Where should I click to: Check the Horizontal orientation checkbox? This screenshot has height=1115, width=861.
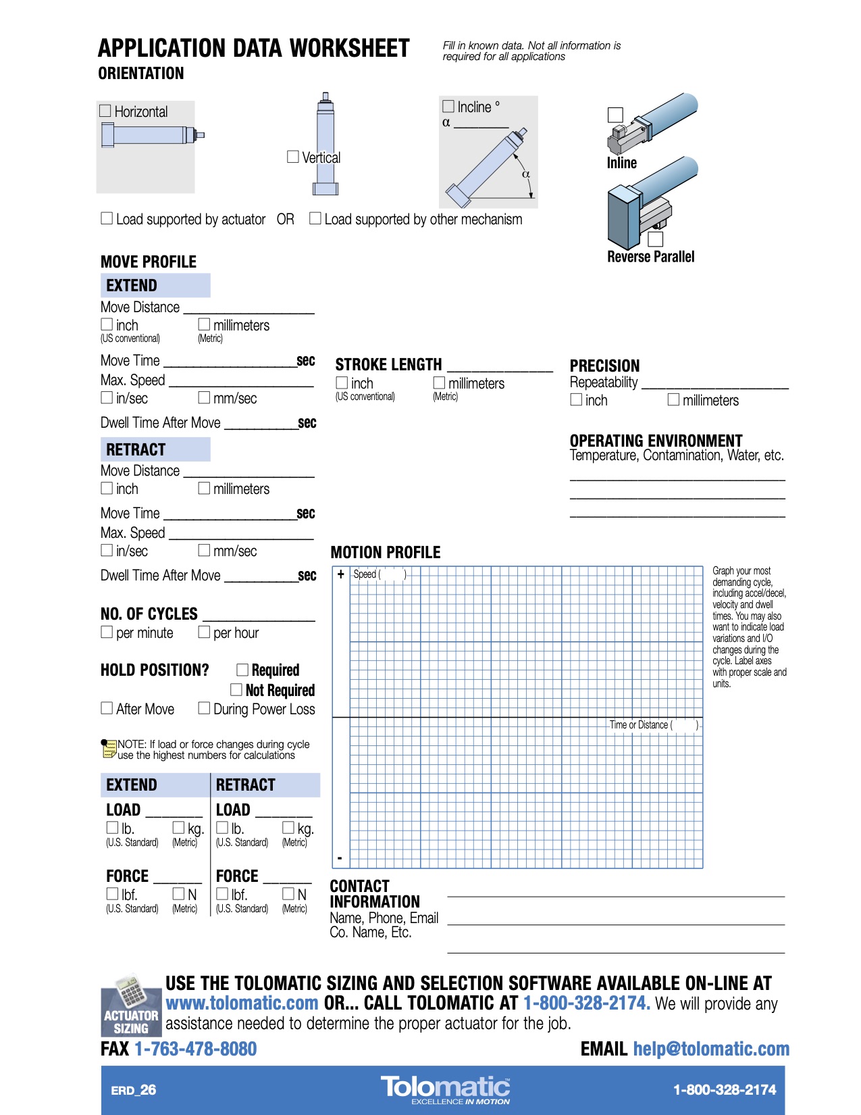coord(105,111)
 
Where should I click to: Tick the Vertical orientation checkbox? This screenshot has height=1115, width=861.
coord(293,157)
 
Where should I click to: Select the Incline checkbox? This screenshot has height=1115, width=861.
coord(448,106)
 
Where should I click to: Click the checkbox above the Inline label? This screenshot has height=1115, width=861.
coord(615,115)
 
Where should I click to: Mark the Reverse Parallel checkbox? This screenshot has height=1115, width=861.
coord(656,239)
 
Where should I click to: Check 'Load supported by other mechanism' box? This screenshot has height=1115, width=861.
coord(315,218)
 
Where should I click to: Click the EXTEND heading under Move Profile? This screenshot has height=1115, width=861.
coord(132,286)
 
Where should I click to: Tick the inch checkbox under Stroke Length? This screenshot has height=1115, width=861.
coord(342,383)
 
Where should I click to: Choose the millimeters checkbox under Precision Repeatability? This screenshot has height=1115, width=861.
coord(673,399)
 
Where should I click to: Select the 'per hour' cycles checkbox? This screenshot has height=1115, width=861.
coord(204,632)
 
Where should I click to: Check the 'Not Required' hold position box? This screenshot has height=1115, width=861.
coord(236,689)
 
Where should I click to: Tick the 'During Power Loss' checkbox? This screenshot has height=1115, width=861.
coord(204,708)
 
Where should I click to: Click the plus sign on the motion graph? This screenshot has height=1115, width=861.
coord(341,574)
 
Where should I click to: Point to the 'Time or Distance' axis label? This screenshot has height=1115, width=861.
coord(639,725)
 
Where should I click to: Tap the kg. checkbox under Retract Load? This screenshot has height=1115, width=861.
coord(288,828)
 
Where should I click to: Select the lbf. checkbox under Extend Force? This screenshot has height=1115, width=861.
coord(113,893)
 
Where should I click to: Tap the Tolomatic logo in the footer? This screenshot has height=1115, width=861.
coord(446,1088)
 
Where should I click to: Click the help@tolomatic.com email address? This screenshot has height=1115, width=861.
coord(711,1049)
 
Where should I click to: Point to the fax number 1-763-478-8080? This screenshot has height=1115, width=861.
coord(196,1049)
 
